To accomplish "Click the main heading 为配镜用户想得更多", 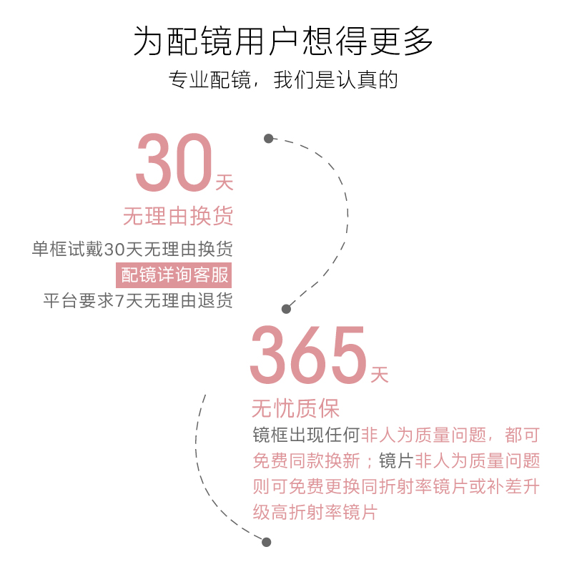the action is pos(284,41).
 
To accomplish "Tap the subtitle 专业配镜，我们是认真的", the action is pos(284,79).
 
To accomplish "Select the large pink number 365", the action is pos(307,355).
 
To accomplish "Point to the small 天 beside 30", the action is pos(224,183).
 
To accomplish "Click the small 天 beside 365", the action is pos(379,374).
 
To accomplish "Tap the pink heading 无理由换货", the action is pos(178,216).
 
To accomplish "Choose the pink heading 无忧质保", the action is pos(295,409).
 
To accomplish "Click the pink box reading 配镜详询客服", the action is pos(175,275).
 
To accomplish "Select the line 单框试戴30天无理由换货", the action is pos(132,250).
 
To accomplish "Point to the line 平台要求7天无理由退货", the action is pos(138,300).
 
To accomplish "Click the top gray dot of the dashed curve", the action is pos(268,138).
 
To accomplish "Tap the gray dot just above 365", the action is pos(286,309).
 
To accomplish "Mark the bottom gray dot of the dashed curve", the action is pos(267,542).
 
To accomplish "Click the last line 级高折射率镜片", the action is pos(315,512).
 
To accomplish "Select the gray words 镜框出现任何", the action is pos(307,435).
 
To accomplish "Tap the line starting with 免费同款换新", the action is pos(396,460).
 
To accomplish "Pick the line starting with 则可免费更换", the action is pos(396,486).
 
